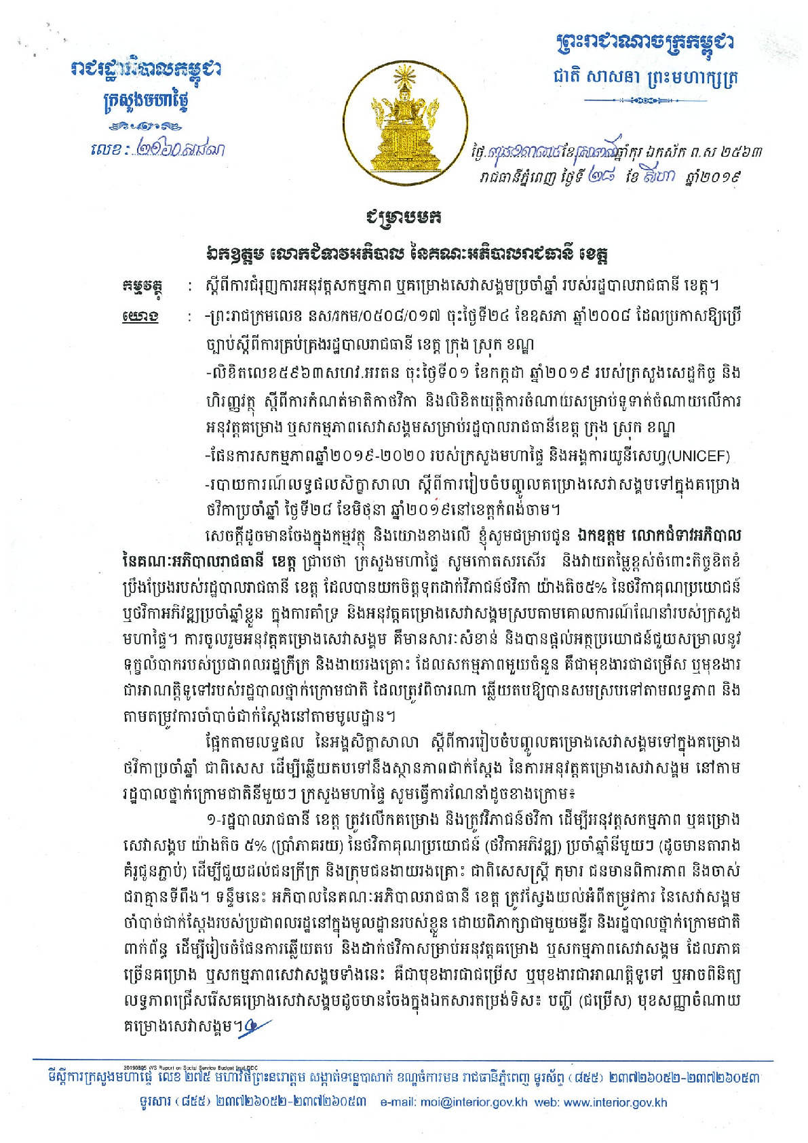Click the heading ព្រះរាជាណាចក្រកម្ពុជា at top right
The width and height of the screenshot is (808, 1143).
point(644,44)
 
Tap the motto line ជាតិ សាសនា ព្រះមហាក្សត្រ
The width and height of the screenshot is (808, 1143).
point(645,77)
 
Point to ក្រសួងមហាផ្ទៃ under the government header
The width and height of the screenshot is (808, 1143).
point(145,102)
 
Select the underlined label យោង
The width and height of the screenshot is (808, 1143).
point(141,317)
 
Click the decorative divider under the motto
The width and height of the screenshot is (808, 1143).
point(644,100)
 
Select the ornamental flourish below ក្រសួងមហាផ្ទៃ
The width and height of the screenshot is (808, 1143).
point(146,126)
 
